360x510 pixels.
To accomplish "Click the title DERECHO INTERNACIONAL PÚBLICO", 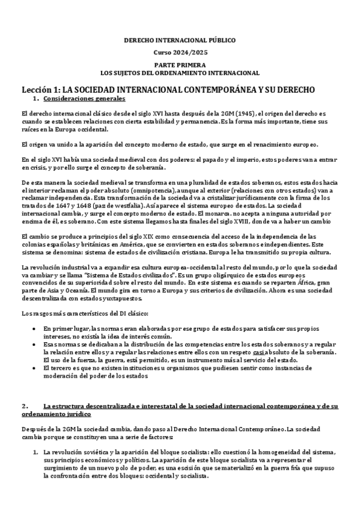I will (180, 40).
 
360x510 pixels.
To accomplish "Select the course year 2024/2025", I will (180, 52).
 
